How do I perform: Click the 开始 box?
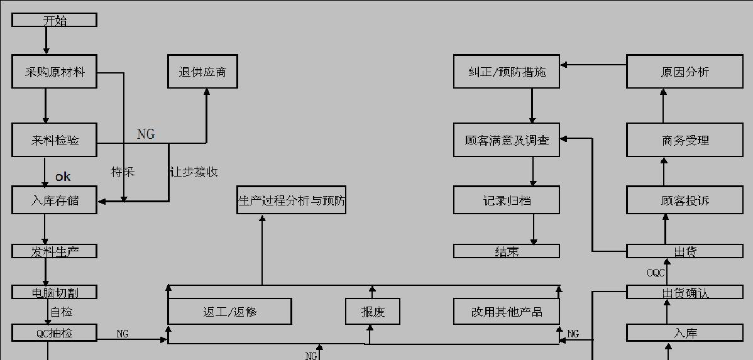(x=54, y=20)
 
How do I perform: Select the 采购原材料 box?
(x=54, y=72)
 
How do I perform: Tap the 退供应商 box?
(x=202, y=72)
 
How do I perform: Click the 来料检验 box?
(x=54, y=139)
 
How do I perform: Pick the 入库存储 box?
(x=54, y=201)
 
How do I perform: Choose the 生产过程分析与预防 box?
(x=291, y=200)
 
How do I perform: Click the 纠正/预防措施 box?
(x=507, y=72)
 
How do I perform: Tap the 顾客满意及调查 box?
(x=507, y=139)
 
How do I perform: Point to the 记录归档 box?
(x=507, y=200)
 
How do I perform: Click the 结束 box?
(x=507, y=251)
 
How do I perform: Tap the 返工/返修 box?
(x=229, y=311)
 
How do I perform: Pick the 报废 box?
(x=373, y=311)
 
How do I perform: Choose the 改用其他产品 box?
(x=507, y=311)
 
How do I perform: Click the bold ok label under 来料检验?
(x=63, y=177)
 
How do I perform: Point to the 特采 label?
(x=123, y=172)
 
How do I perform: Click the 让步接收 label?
(x=194, y=172)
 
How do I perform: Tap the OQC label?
(x=656, y=273)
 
